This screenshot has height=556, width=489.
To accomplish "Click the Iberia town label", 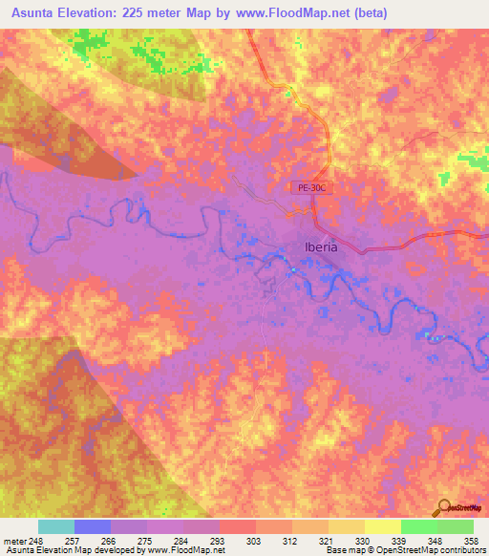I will point(320,246).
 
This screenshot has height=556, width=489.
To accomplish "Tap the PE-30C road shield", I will point(310,188).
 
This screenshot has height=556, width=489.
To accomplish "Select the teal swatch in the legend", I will point(56,526).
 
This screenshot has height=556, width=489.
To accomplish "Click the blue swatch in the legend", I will point(93,526).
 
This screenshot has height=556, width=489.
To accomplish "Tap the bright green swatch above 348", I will point(419,526).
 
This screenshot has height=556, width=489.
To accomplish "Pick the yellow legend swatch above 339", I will point(383,526).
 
